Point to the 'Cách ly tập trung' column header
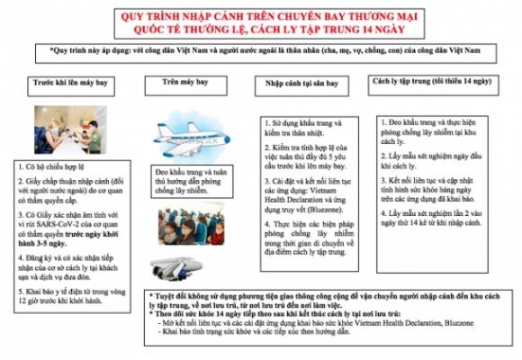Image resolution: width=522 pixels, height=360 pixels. tap(430, 84)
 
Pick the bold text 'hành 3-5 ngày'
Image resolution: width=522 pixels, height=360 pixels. tap(49, 244)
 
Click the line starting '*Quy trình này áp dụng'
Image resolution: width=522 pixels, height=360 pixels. tap(261, 52)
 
